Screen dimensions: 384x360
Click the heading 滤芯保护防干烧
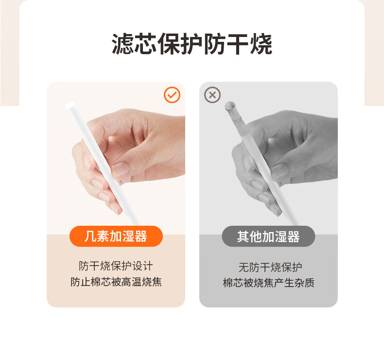[x=192, y=44]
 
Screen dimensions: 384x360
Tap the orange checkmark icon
[x=172, y=95]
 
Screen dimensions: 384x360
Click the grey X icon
[x=212, y=95]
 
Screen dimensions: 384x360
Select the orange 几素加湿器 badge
[x=116, y=236]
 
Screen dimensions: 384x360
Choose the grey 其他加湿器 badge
[x=268, y=236]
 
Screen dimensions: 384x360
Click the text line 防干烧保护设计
[x=116, y=266]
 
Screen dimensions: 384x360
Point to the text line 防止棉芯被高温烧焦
[x=116, y=282]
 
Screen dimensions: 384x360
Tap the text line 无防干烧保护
[x=270, y=267]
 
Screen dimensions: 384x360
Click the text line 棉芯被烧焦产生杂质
[x=269, y=283]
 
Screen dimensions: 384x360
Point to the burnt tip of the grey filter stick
[x=230, y=106]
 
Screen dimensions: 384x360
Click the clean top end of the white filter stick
[x=70, y=106]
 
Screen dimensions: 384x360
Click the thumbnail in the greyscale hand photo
[x=280, y=170]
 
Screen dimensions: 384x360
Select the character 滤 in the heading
[x=122, y=44]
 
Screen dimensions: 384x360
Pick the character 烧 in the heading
[x=261, y=44]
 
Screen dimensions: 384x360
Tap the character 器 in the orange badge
[x=141, y=236]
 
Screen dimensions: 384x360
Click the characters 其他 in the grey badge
[x=249, y=236]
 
